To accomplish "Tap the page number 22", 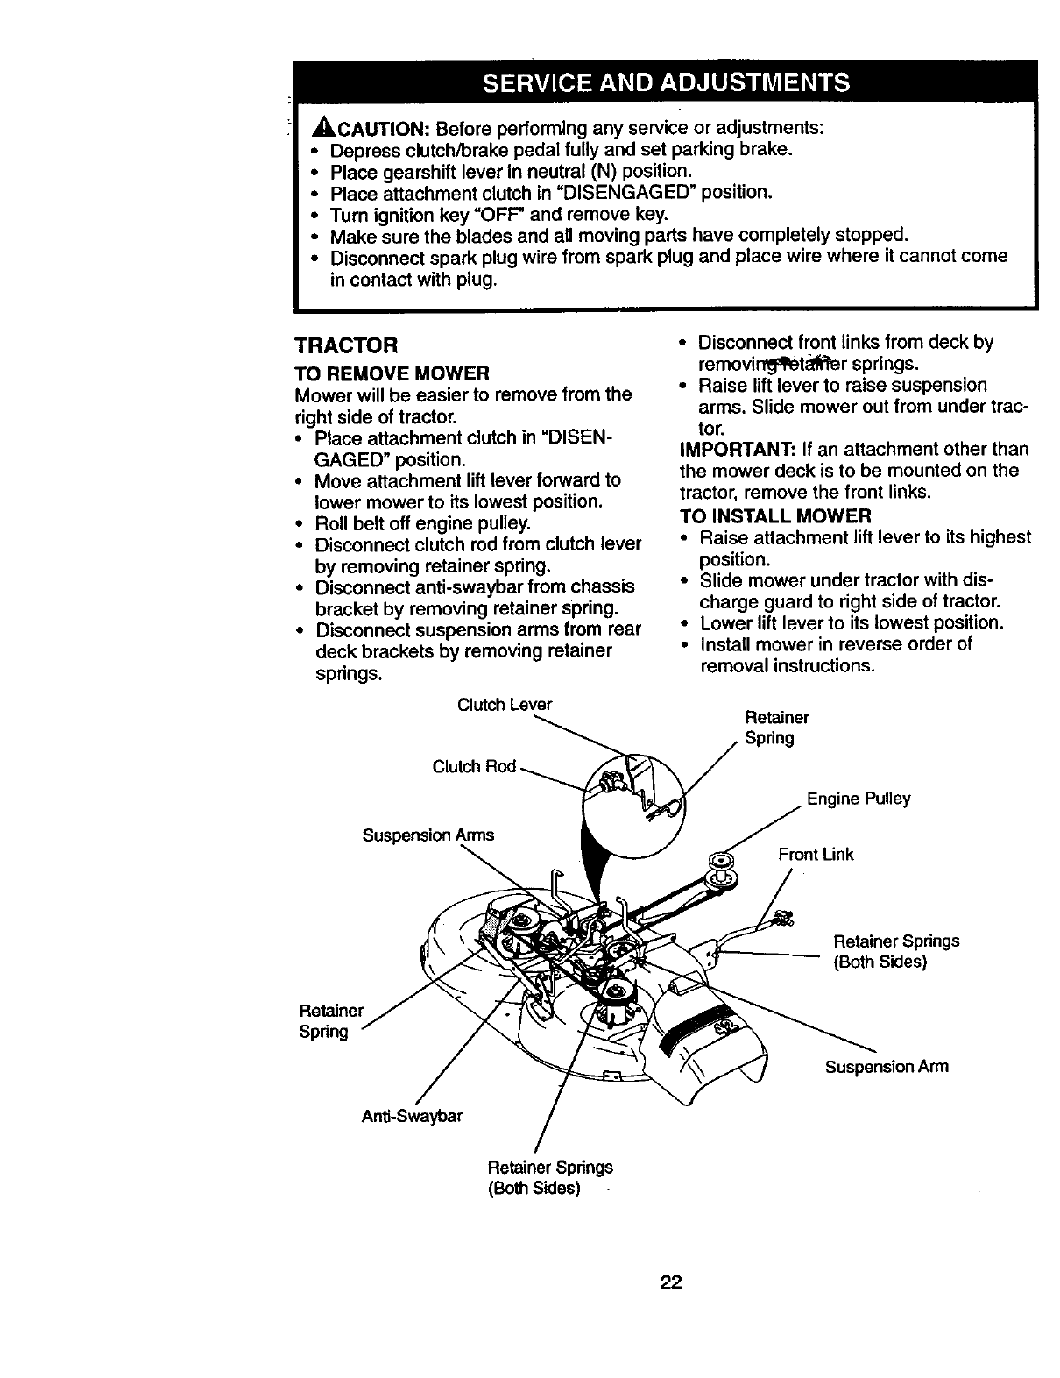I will click(671, 1283).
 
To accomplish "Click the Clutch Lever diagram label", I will click(505, 705).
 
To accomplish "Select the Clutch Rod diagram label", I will click(474, 767).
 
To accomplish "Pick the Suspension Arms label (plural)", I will click(428, 835).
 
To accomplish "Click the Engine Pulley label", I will click(859, 799).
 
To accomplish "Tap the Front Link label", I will click(816, 854).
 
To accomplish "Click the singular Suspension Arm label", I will click(887, 1067).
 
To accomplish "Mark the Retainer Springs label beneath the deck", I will click(549, 1177).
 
